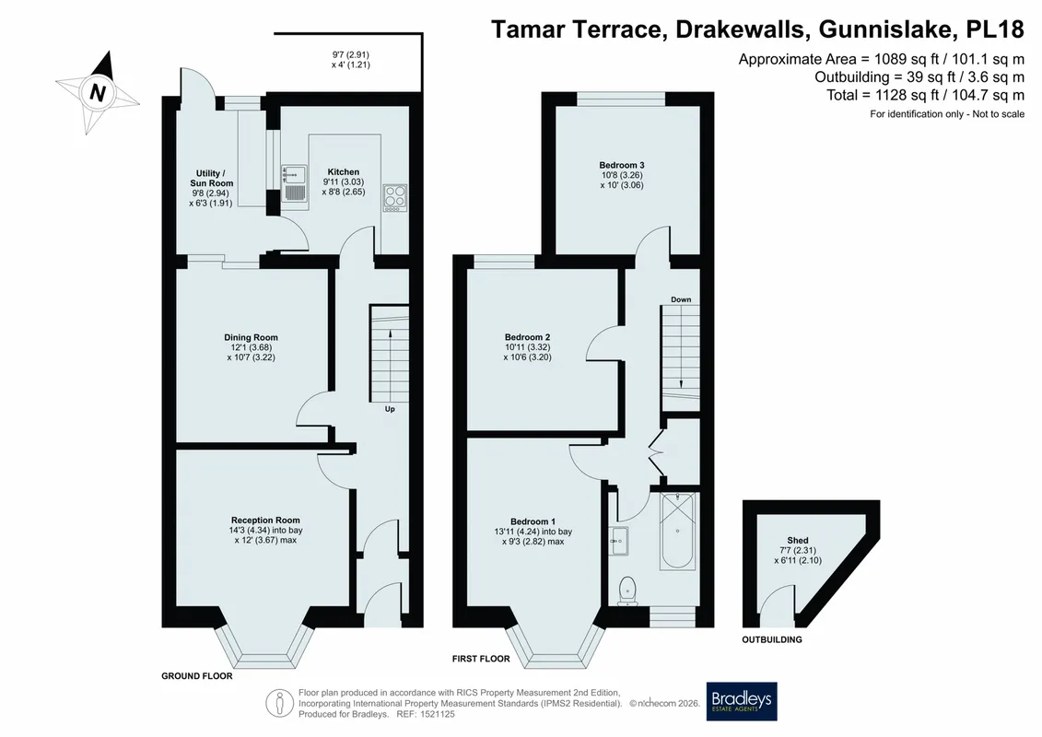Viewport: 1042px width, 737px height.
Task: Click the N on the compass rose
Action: pos(98,92)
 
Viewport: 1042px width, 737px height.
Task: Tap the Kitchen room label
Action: pos(343,172)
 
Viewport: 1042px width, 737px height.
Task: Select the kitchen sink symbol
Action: pos(294,182)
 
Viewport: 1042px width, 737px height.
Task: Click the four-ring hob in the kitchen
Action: pos(395,198)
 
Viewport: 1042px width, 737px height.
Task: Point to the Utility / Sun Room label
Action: pos(211,178)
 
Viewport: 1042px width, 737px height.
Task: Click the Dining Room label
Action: pos(251,337)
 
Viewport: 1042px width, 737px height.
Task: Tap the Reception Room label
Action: pos(265,521)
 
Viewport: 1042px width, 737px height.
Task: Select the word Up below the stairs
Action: pos(390,409)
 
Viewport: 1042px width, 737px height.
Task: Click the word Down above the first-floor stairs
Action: pos(681,299)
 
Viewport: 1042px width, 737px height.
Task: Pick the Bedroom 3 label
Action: pos(621,165)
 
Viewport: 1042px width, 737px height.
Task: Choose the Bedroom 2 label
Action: pos(527,337)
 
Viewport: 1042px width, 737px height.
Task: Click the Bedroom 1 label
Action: pos(533,521)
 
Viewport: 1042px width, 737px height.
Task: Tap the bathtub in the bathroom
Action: pos(677,531)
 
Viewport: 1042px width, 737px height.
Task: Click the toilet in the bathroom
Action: pos(627,591)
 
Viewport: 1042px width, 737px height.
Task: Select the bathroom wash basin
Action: pos(619,541)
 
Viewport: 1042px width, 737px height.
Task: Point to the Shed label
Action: pos(798,540)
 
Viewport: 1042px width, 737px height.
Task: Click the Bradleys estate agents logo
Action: pos(741,701)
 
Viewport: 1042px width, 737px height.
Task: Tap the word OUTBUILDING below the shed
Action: pos(771,639)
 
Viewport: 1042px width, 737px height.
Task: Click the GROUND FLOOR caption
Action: pos(197,676)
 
